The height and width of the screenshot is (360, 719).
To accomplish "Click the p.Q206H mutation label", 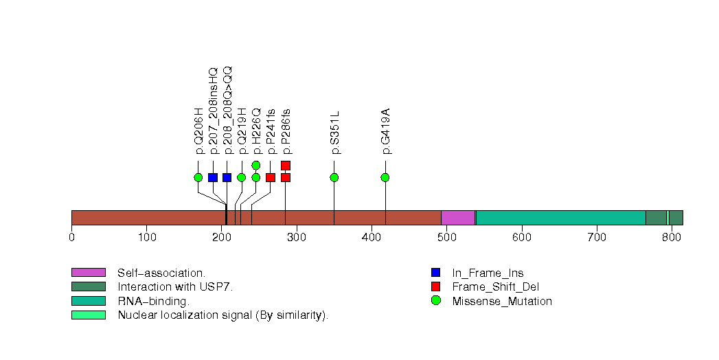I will [199, 131].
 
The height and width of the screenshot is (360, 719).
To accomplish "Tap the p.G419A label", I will [385, 131].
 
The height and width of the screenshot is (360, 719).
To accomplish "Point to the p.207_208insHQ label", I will [213, 111].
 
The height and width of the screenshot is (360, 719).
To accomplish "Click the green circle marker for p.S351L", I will [334, 177].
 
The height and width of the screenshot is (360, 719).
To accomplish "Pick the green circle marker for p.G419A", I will [385, 177].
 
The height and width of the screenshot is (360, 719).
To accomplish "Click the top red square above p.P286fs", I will [286, 165].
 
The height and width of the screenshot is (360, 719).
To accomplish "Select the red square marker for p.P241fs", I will [271, 177].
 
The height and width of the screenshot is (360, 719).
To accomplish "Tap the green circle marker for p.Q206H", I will [198, 177].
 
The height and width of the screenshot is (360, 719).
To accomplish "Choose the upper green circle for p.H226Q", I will [256, 165].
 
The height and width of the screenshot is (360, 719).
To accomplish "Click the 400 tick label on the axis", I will [372, 238].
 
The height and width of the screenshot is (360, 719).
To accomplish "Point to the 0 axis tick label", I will [71, 238].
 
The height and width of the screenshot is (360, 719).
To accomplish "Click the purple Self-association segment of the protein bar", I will [457, 218].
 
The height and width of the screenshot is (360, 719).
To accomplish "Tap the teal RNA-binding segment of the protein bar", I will [560, 218].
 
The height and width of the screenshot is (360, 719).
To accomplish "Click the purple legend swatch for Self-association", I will [88, 273].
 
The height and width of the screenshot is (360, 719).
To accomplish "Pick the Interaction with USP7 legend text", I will [175, 287].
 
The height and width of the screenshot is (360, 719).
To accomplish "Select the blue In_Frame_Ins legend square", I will [435, 273].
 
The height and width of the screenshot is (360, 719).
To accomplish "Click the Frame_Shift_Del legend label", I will [488, 287].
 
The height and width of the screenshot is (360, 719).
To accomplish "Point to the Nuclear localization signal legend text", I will [223, 315].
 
